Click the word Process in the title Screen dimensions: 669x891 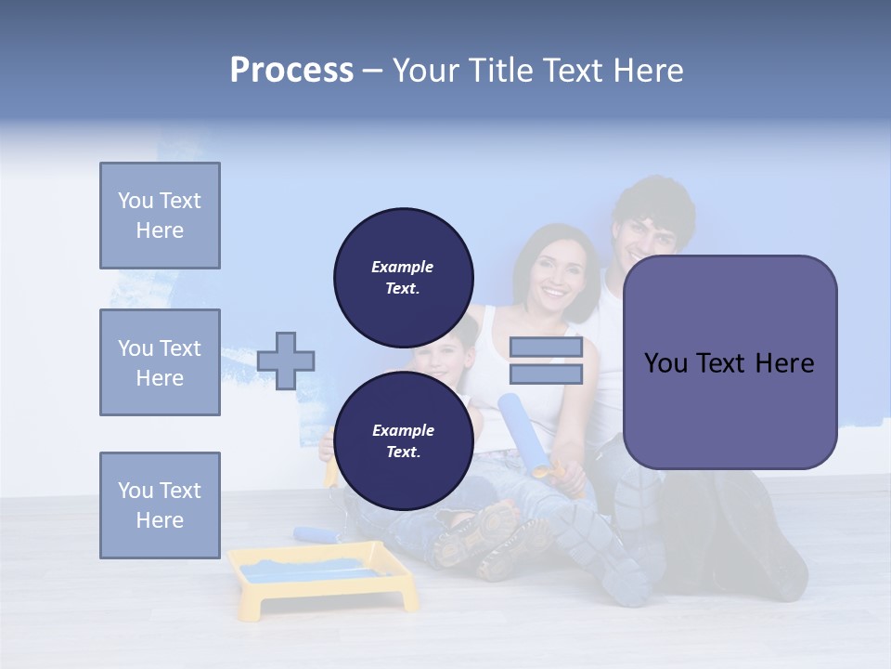(291, 71)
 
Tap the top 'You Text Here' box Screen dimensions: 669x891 (160, 216)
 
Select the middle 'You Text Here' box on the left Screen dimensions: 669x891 (160, 362)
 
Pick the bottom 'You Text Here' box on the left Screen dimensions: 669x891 (160, 505)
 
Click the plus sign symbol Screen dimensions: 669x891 (286, 361)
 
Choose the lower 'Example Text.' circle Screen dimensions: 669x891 (403, 440)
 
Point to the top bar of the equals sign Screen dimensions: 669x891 (546, 348)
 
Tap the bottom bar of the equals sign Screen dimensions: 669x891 (546, 374)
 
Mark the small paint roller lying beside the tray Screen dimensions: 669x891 (316, 534)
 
